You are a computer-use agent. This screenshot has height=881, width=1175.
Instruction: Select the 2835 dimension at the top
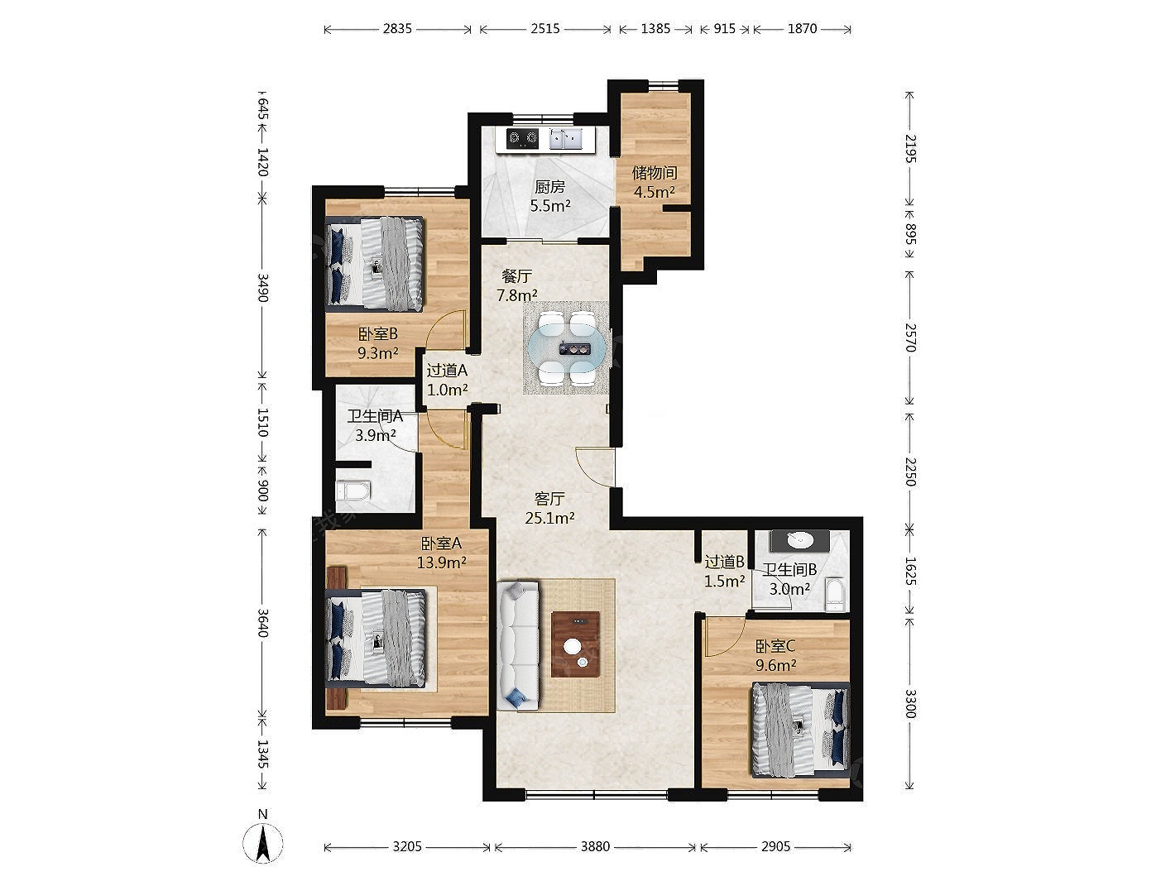click(x=397, y=28)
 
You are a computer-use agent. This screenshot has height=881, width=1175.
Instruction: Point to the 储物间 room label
click(x=655, y=173)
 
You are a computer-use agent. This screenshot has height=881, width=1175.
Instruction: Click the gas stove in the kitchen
click(x=522, y=139)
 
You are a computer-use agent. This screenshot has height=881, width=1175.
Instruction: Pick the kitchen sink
click(x=566, y=139)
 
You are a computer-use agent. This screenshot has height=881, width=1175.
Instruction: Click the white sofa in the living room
click(x=518, y=645)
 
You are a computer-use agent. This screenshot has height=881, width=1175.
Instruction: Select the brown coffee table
click(x=575, y=644)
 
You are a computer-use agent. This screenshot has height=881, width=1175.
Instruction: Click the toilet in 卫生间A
click(x=352, y=491)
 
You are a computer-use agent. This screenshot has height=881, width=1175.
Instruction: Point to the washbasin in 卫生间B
click(x=800, y=541)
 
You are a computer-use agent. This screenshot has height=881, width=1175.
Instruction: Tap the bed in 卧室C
click(x=801, y=730)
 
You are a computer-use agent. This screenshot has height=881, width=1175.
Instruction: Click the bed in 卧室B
click(x=374, y=264)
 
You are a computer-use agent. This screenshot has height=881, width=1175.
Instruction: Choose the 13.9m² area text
click(x=442, y=563)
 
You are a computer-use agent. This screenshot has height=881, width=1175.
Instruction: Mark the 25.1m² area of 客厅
click(x=549, y=518)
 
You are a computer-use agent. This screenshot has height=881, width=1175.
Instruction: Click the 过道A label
click(x=447, y=370)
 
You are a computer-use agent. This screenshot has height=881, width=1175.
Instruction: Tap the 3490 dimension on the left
click(x=262, y=288)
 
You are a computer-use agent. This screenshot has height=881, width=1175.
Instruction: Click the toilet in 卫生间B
click(x=835, y=594)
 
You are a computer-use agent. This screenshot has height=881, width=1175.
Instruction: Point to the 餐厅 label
click(x=516, y=276)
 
